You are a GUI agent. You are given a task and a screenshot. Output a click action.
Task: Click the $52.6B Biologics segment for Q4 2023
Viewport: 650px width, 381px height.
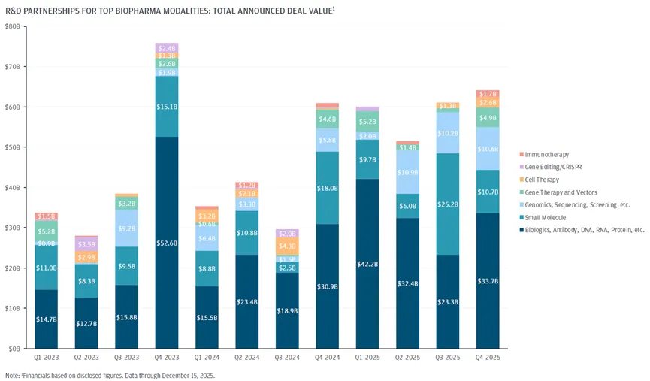[x=166, y=242]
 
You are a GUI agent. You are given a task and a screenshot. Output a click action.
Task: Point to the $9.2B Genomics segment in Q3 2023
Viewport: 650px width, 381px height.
[x=126, y=228]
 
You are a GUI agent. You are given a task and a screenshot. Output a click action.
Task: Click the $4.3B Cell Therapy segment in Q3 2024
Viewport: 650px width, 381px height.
[x=287, y=246]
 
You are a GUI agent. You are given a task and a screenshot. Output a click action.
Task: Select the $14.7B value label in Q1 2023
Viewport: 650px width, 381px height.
[x=45, y=319]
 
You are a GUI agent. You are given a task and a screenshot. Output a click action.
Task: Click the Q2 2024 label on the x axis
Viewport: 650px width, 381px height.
[x=246, y=358]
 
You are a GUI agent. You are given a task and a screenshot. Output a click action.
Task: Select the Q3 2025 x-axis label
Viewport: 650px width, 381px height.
[x=447, y=358]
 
